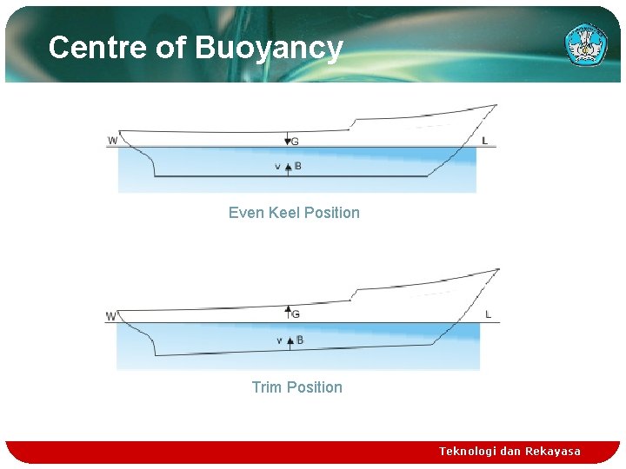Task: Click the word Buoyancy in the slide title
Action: pyautogui.click(x=270, y=48)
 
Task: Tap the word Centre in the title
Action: pyautogui.click(x=97, y=47)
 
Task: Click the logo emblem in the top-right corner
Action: pyautogui.click(x=586, y=44)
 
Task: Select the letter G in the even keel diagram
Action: pyautogui.click(x=296, y=141)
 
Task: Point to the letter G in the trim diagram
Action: pyautogui.click(x=296, y=314)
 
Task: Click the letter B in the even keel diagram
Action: pyautogui.click(x=298, y=166)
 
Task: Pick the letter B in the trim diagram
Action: pyautogui.click(x=300, y=340)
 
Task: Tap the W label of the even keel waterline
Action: pyautogui.click(x=113, y=141)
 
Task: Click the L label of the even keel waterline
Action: pyautogui.click(x=484, y=141)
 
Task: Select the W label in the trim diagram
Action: pyautogui.click(x=111, y=316)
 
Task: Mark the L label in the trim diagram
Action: pyautogui.click(x=488, y=314)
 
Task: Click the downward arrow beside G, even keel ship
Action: pyautogui.click(x=287, y=140)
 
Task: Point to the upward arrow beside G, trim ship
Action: pyautogui.click(x=288, y=310)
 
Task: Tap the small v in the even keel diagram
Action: pyautogui.click(x=277, y=167)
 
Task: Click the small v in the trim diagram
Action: pyautogui.click(x=279, y=340)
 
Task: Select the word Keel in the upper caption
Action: pyautogui.click(x=291, y=213)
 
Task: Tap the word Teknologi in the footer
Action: pyautogui.click(x=468, y=452)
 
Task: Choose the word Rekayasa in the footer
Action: pyautogui.click(x=553, y=452)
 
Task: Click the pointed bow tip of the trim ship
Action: pyautogui.click(x=499, y=269)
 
